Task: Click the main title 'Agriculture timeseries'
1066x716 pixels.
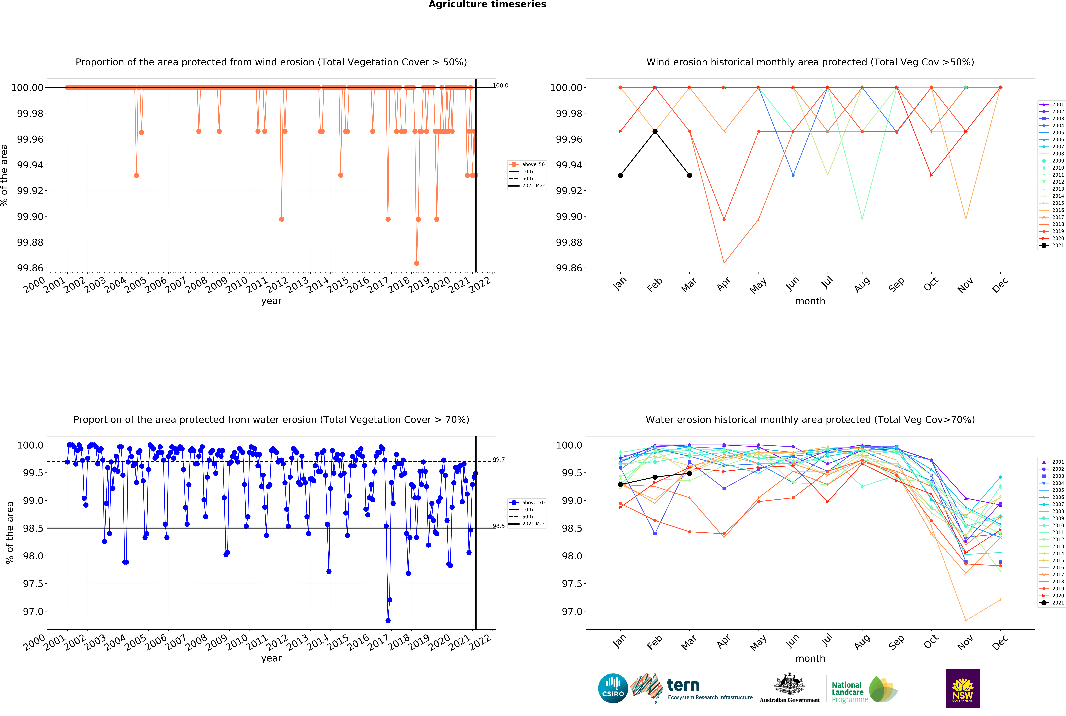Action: (x=487, y=5)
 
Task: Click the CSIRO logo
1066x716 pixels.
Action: (x=613, y=688)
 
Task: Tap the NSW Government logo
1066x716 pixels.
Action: (x=962, y=688)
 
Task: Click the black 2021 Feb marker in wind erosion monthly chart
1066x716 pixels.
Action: (x=655, y=131)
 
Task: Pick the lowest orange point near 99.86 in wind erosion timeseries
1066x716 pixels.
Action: (x=416, y=263)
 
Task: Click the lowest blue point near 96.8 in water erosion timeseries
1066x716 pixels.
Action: (x=388, y=621)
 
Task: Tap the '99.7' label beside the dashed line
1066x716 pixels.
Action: (x=498, y=460)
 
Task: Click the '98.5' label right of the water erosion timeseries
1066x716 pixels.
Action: (x=498, y=526)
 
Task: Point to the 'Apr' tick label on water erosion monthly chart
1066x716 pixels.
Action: (x=723, y=642)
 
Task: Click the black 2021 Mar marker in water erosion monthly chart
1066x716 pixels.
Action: (x=690, y=473)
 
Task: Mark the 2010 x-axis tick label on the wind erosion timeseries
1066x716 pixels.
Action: (x=237, y=285)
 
